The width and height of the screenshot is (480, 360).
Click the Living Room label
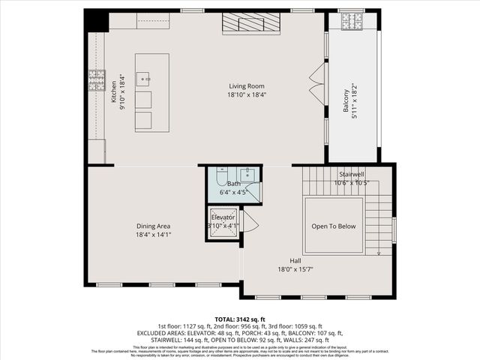click(247, 86)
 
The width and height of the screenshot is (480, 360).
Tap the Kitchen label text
click(115, 91)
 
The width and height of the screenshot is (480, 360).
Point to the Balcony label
click(346, 97)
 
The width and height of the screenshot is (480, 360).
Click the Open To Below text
click(334, 226)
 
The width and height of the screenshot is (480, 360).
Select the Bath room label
click(234, 184)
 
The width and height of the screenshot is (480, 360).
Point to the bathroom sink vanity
click(248, 175)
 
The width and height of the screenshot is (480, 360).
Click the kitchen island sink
click(144, 76)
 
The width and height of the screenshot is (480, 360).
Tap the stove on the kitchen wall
click(96, 80)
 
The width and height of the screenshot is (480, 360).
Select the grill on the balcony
click(352, 22)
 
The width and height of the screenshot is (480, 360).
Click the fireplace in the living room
click(251, 24)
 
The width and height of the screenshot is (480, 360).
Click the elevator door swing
click(250, 221)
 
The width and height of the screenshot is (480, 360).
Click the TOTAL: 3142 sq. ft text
click(240, 319)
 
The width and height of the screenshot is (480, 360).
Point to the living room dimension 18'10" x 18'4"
click(247, 95)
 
